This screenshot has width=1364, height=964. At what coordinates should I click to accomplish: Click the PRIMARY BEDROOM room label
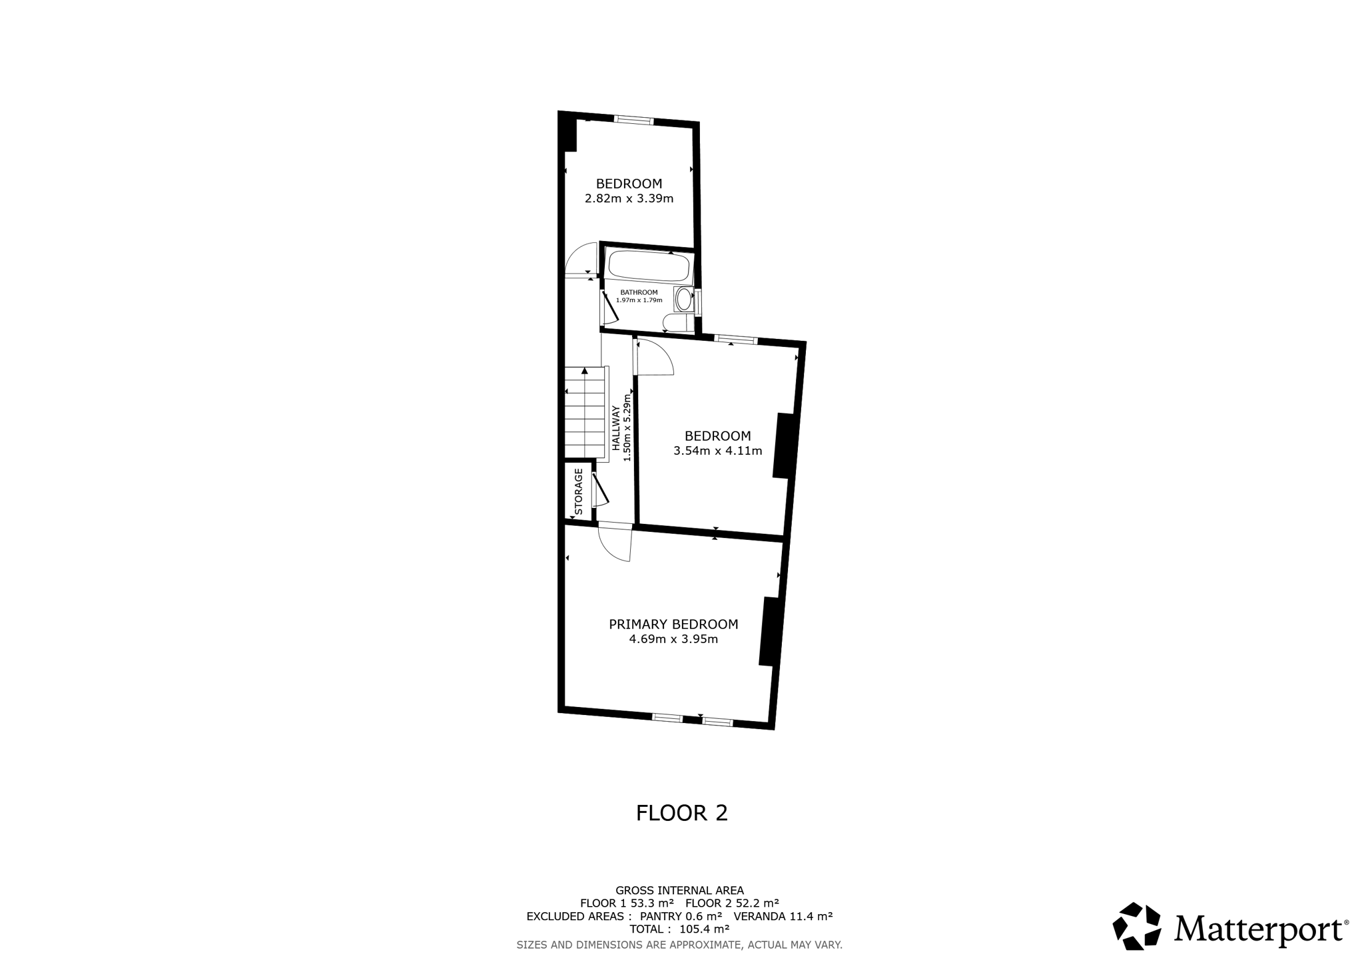673,624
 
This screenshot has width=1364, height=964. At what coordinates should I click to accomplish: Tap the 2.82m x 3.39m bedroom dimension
629,198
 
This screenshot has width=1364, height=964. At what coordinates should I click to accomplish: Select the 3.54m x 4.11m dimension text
718,451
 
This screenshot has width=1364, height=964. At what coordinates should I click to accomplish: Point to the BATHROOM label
639,292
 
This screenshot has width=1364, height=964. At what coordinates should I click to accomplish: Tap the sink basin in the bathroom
683,300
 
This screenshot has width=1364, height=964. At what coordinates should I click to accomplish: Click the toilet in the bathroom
678,323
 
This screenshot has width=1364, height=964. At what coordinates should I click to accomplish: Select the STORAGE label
578,492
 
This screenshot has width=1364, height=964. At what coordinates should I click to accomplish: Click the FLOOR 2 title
682,813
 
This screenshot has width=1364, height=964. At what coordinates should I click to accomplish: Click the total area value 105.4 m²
704,929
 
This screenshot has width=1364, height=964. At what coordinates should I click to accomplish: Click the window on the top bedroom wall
633,120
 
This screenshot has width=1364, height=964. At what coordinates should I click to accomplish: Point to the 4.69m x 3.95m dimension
673,640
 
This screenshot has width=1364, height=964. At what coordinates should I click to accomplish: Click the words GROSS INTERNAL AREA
679,890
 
